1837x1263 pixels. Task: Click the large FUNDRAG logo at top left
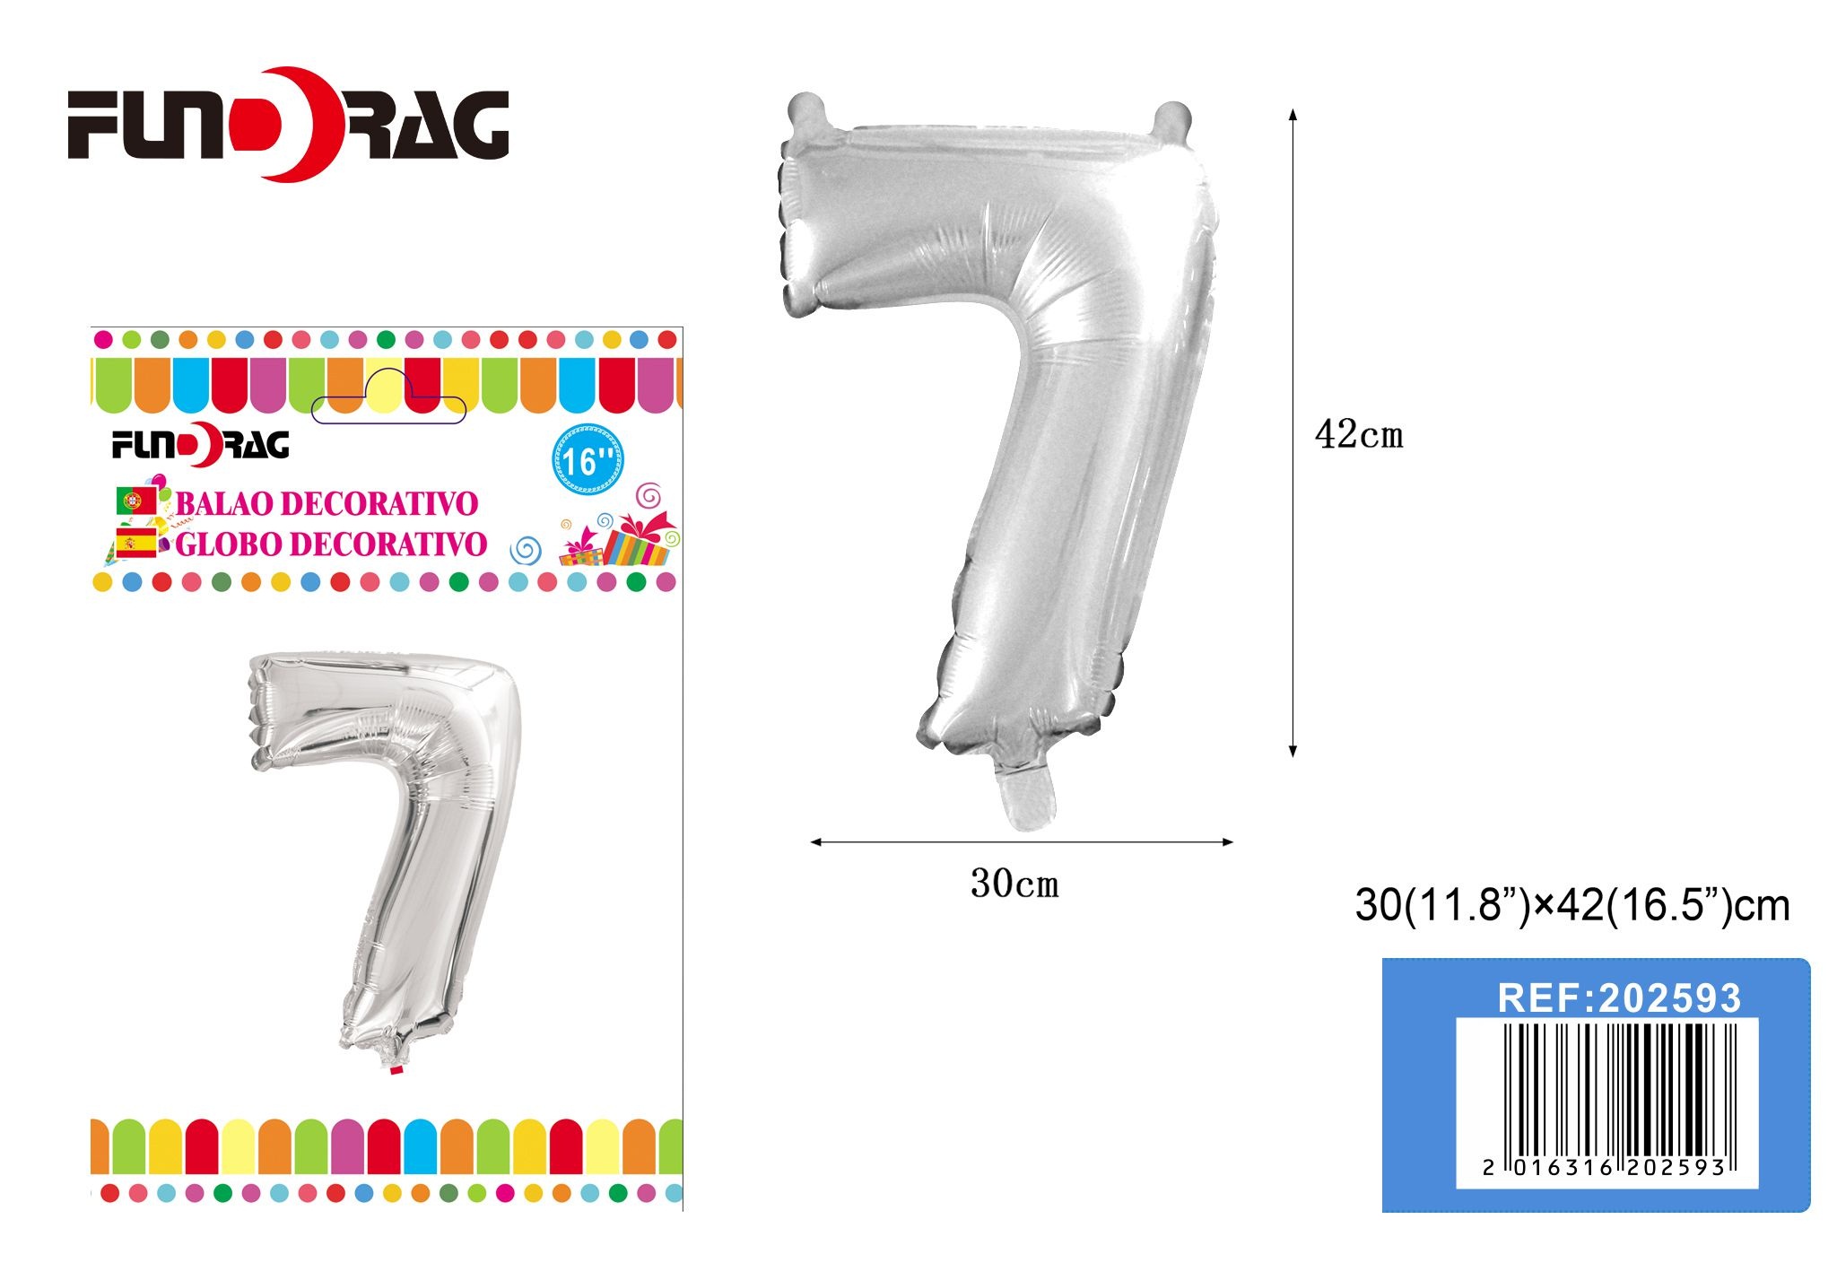[x=289, y=124]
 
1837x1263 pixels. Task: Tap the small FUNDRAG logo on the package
[x=200, y=445]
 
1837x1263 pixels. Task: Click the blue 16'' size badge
[x=588, y=460]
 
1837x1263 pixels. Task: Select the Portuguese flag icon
[x=135, y=501]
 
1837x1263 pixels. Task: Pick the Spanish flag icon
[x=135, y=543]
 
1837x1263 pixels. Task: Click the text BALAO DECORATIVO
[x=326, y=503]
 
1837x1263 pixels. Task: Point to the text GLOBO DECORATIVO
[x=331, y=544]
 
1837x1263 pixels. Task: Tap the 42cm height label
[x=1359, y=435]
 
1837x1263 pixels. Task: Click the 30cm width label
[x=1014, y=884]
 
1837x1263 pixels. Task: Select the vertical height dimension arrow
[x=1293, y=432]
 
